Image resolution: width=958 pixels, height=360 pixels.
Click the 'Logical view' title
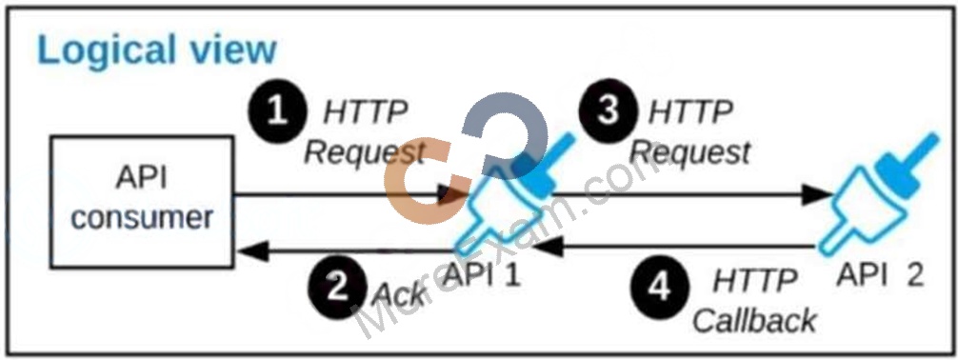pyautogui.click(x=156, y=50)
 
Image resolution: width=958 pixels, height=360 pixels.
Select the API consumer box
pyautogui.click(x=142, y=202)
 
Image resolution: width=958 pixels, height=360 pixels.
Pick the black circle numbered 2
pyautogui.click(x=337, y=286)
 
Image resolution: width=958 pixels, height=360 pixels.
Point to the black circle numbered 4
pyautogui.click(x=659, y=290)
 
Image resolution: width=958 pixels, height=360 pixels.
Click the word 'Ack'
pyautogui.click(x=398, y=294)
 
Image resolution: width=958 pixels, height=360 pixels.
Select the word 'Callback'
pyautogui.click(x=755, y=320)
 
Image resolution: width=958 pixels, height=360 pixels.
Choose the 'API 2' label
pyautogui.click(x=881, y=276)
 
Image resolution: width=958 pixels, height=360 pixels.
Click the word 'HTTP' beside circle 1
pyautogui.click(x=366, y=112)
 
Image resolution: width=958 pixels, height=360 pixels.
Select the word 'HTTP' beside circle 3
pyautogui.click(x=691, y=113)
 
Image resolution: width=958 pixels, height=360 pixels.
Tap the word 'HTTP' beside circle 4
pyautogui.click(x=756, y=282)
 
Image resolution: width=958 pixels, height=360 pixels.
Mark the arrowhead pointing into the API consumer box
pyautogui.click(x=251, y=250)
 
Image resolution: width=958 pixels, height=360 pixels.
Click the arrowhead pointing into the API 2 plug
pyautogui.click(x=817, y=195)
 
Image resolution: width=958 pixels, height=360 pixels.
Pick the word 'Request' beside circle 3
pyautogui.click(x=691, y=153)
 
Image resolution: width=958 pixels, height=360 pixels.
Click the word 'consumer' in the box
pyautogui.click(x=142, y=218)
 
